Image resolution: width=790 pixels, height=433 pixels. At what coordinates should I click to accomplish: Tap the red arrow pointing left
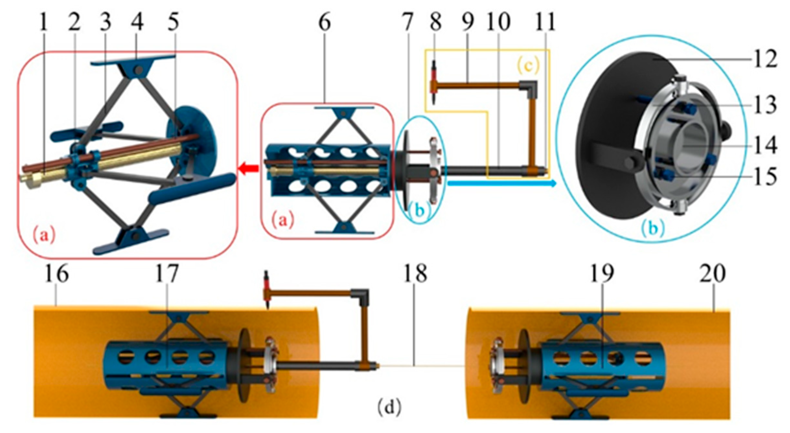tap(249, 168)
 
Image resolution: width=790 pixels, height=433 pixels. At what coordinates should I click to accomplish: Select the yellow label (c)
tap(528, 66)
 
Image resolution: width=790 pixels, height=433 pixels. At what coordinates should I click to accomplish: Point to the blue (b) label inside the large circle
tap(653, 228)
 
